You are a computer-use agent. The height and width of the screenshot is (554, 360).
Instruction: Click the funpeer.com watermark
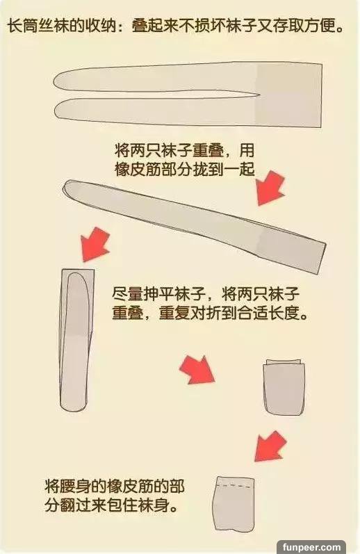click(311, 547)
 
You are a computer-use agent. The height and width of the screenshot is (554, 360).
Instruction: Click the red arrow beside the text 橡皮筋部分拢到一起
click(270, 188)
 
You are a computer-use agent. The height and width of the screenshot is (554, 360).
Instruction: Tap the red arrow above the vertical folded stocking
click(95, 244)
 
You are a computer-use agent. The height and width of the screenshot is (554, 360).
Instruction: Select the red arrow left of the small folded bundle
click(197, 369)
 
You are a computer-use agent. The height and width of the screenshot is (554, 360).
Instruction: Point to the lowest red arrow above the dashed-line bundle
click(270, 446)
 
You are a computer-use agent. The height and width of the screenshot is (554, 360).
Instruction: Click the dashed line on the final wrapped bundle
click(236, 486)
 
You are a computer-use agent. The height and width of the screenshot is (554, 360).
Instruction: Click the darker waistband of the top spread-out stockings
click(289, 95)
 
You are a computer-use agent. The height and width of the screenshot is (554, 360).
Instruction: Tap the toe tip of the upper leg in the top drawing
click(54, 81)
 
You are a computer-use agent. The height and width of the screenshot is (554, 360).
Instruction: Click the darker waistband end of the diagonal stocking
click(293, 248)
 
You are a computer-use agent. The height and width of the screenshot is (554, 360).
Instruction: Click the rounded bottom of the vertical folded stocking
click(74, 407)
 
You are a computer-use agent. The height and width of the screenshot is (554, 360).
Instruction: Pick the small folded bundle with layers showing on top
click(284, 387)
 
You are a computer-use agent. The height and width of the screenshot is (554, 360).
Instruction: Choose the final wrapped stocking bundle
click(234, 504)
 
